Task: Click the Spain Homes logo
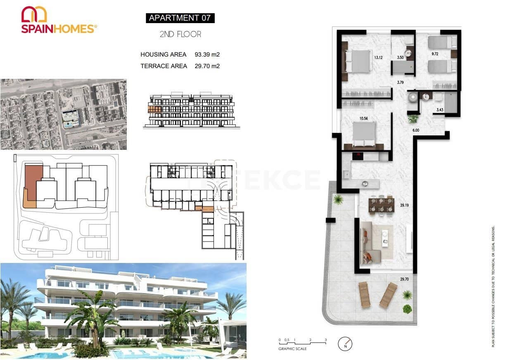59,20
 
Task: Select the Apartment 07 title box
180,18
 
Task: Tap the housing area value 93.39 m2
207,54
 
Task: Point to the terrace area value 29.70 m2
207,66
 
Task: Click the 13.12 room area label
378,57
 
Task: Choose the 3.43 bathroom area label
439,110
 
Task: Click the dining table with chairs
382,205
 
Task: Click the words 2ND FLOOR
180,34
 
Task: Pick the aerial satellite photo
63,114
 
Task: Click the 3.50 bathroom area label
400,57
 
